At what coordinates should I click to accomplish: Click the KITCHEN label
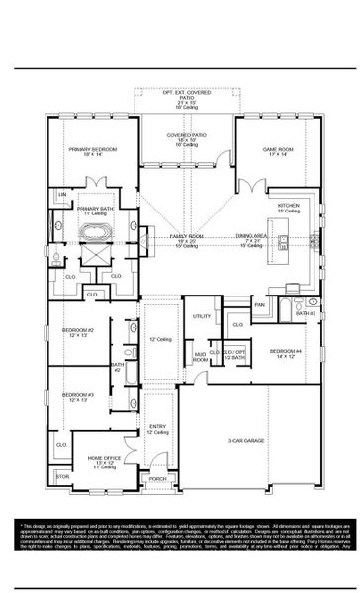[x=288, y=207]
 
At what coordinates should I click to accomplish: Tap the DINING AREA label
[x=249, y=236]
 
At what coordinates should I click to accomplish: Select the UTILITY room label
[x=202, y=316]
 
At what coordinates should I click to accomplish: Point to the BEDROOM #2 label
[x=77, y=331]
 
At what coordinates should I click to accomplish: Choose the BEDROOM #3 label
[x=77, y=396]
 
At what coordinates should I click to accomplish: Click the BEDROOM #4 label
[x=286, y=351]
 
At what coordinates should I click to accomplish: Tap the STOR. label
[x=64, y=476]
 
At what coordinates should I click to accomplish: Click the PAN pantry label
[x=259, y=305]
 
